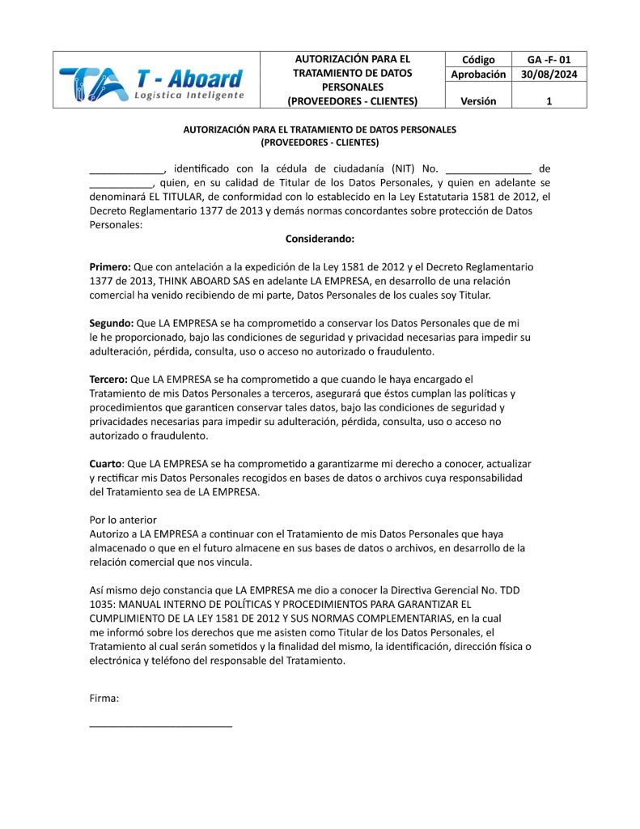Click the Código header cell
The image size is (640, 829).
[478, 60]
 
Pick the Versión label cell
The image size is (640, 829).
[478, 101]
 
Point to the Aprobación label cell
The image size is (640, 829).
[478, 74]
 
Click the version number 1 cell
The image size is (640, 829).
[549, 101]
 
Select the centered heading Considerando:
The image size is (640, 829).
[320, 239]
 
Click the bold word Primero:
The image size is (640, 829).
[110, 266]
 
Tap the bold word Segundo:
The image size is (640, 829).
[112, 323]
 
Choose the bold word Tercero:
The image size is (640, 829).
[108, 379]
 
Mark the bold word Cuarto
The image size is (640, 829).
[105, 464]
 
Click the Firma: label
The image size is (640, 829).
[104, 697]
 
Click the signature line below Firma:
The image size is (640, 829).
[160, 725]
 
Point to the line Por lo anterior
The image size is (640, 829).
[123, 520]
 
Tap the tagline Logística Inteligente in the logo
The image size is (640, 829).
[189, 96]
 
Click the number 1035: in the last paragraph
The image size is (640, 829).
[103, 604]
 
